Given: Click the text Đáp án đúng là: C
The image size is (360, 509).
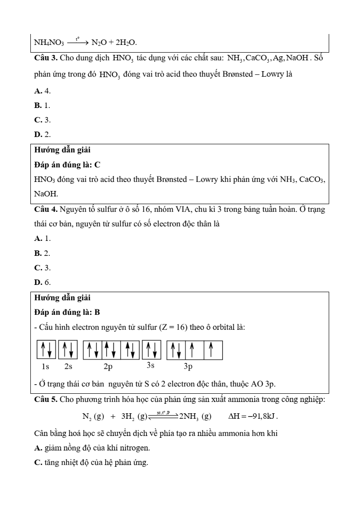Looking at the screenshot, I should coord(67,165).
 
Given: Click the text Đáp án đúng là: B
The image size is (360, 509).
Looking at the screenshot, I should coord(67,313).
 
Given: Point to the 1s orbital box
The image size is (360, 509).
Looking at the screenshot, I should coord(46,349).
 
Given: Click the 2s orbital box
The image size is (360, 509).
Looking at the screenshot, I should coord(68,349).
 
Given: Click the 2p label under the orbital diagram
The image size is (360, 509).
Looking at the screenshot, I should coord(108,366).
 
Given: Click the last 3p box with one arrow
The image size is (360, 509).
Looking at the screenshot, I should coord(212,349).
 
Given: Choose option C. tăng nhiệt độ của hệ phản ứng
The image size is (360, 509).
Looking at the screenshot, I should coord(91,463).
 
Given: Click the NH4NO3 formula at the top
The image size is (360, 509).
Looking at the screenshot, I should coord(49,43).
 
